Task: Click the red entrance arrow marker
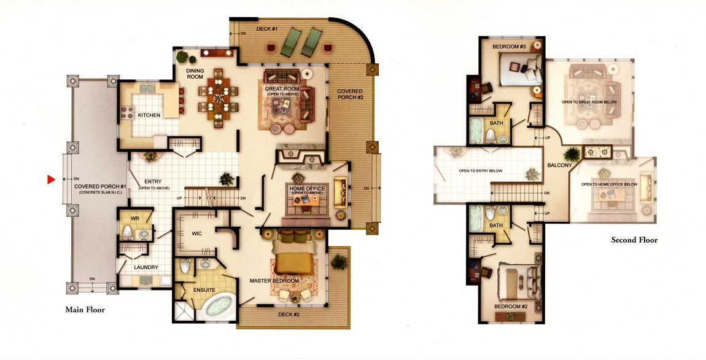point(51,180)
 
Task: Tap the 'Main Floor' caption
point(85,310)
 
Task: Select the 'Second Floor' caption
point(634,240)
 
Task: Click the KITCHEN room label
point(149,115)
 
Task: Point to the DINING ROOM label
point(195,74)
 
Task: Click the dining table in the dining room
point(218,97)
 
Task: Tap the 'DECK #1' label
point(267,29)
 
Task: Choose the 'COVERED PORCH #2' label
point(350,94)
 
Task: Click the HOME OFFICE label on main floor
point(307,189)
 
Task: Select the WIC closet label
point(197,233)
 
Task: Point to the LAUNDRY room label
point(146,267)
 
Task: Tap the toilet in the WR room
point(128,233)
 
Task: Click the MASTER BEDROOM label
point(274,281)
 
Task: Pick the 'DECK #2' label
point(289,315)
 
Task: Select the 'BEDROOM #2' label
point(511,307)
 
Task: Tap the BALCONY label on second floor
point(559,165)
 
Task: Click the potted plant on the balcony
point(572,154)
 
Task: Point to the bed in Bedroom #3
point(521,70)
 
